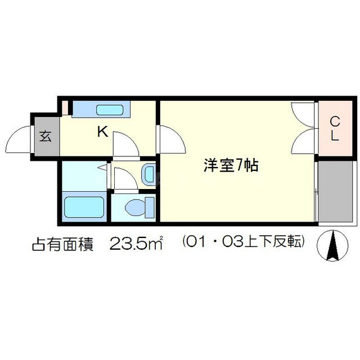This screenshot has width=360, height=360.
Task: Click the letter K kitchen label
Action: [x=102, y=132]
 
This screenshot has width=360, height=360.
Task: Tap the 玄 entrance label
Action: [x=45, y=136]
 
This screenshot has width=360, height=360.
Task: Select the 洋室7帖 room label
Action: [x=231, y=166]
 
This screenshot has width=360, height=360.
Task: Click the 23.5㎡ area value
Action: [x=136, y=244]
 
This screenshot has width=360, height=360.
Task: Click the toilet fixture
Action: [x=137, y=208]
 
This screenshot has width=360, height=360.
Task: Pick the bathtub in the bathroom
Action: [x=84, y=208]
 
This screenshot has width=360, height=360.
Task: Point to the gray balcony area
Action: [x=336, y=192]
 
